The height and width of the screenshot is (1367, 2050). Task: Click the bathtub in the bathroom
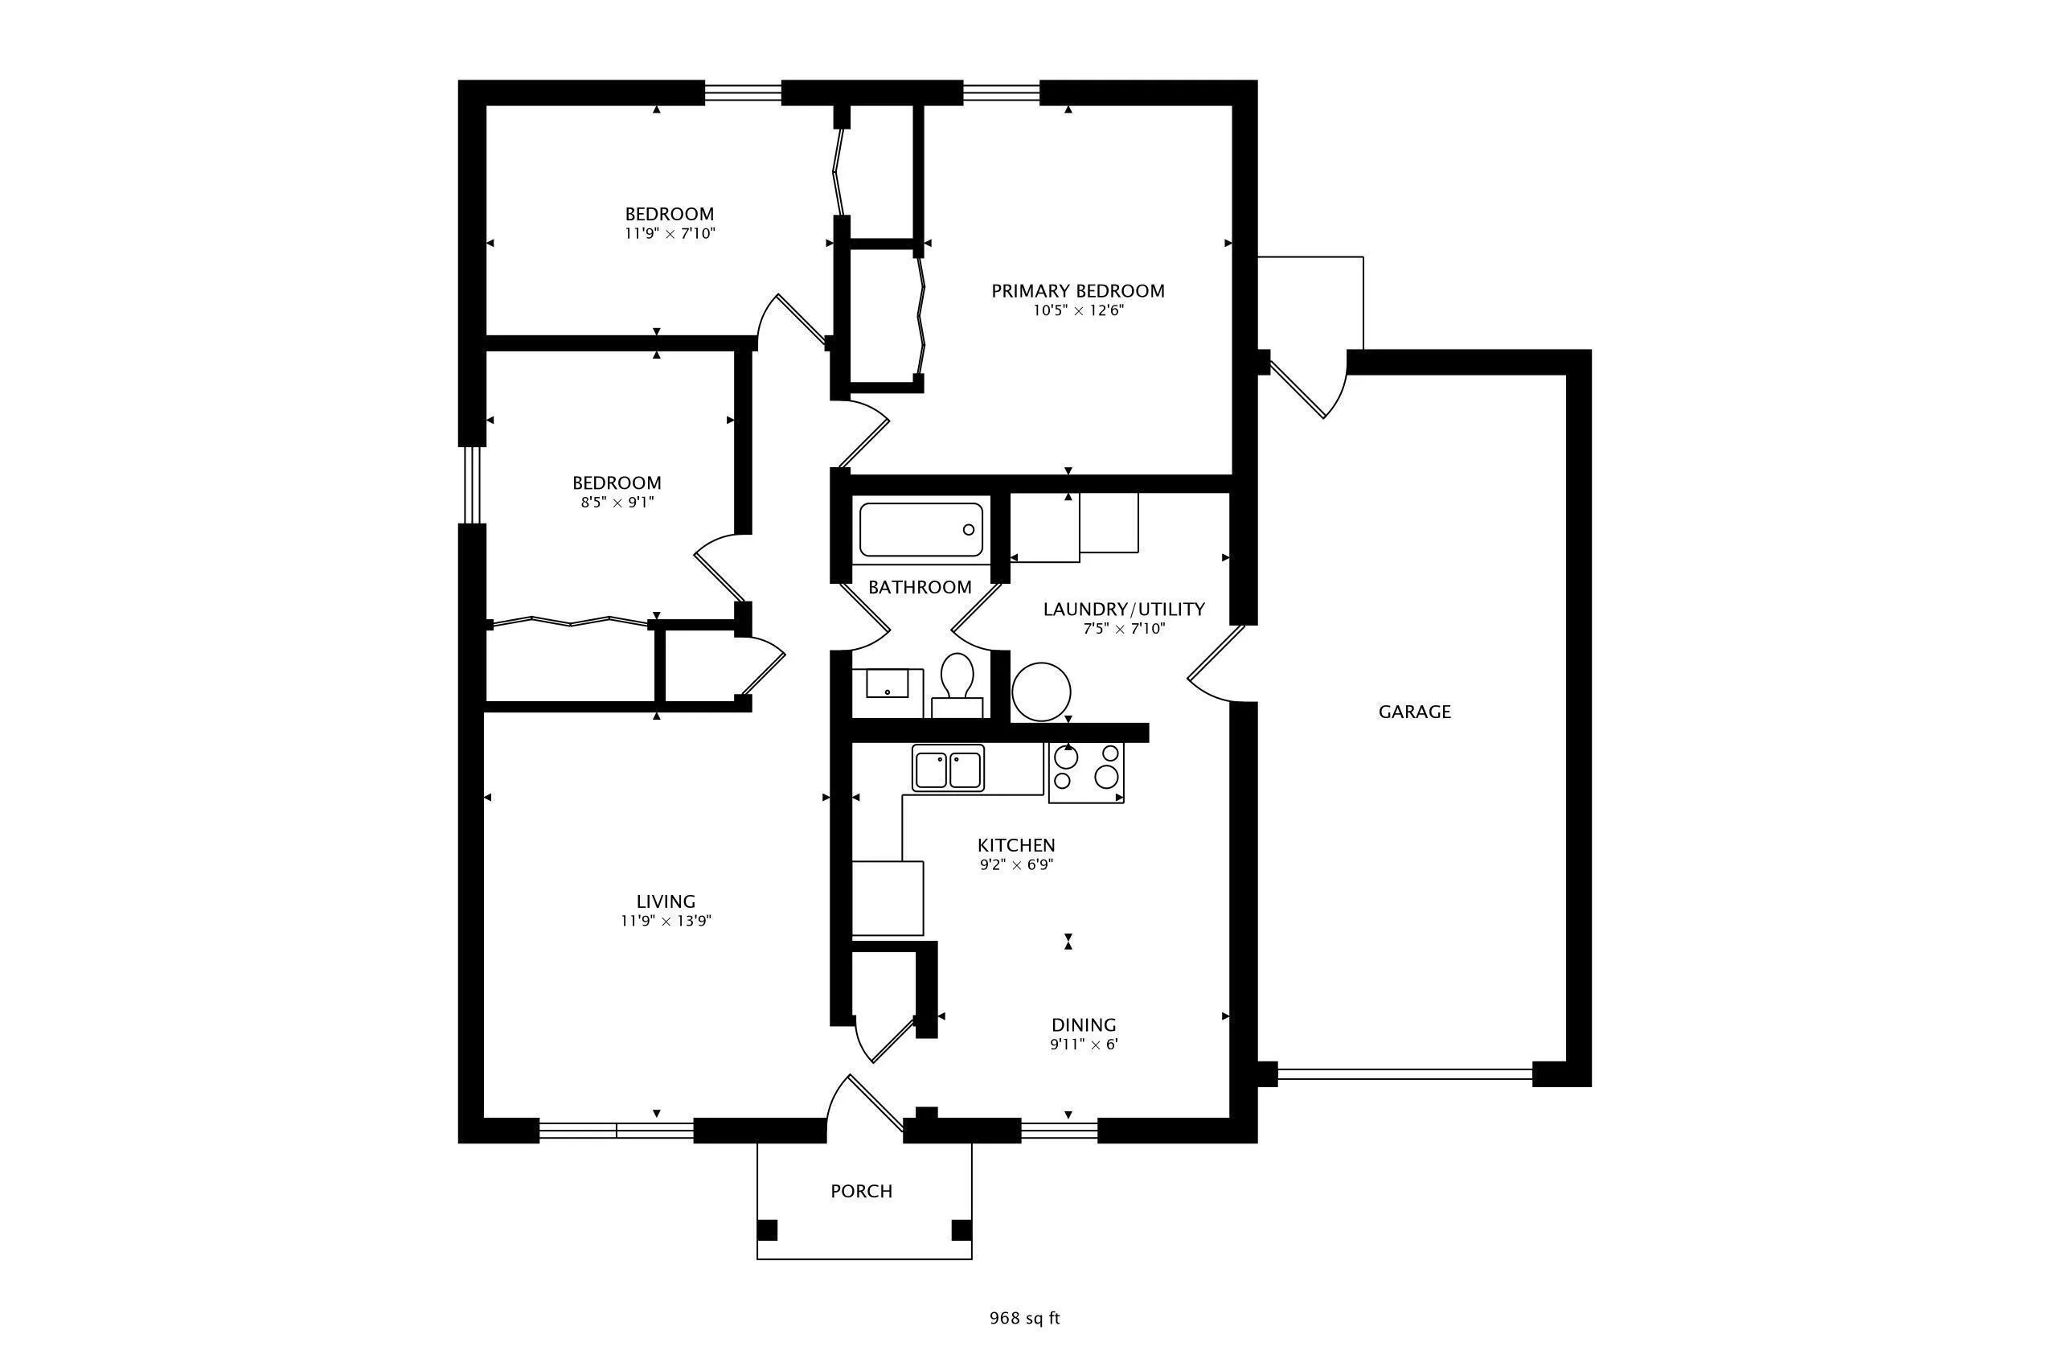click(x=920, y=529)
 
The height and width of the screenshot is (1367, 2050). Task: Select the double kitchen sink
click(x=948, y=768)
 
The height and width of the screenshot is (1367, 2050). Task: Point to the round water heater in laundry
click(x=1041, y=692)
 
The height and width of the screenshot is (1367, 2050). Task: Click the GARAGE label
click(x=1414, y=712)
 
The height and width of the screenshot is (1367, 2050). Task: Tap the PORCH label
click(x=861, y=1191)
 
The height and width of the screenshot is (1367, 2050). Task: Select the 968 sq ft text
click(x=1024, y=1318)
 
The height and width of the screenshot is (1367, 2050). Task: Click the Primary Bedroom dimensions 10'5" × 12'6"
click(x=1078, y=311)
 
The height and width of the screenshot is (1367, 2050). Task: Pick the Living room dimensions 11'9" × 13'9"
click(x=666, y=921)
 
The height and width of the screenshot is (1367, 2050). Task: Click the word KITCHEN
click(x=1015, y=845)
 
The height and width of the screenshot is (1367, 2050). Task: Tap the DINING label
click(x=1084, y=1025)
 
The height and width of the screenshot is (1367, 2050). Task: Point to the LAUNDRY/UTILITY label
click(x=1124, y=610)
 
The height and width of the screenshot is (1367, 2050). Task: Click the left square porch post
click(x=767, y=1230)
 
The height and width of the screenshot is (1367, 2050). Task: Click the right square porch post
click(x=961, y=1230)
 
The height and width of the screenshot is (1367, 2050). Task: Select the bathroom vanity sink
click(x=888, y=684)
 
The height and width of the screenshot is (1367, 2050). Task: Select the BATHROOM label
click(x=920, y=588)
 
